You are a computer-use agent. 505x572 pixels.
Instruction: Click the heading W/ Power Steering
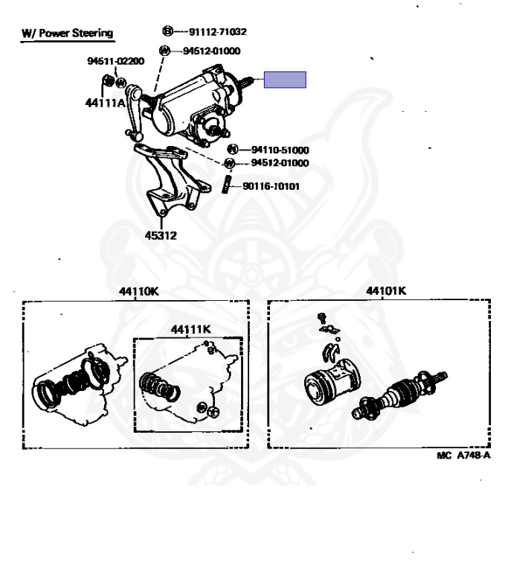coord(67,33)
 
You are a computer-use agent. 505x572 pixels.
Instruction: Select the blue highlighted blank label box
coord(285,80)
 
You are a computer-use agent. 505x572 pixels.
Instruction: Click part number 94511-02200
coord(115,62)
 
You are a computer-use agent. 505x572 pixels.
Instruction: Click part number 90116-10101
coord(271,186)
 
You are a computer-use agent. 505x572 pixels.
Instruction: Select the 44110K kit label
coord(134,291)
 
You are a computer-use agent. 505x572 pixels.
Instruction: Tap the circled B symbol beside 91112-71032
coord(166,32)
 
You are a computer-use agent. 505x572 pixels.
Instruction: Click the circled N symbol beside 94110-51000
coord(231,150)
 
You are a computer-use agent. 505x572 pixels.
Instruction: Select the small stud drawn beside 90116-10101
coord(227,185)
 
